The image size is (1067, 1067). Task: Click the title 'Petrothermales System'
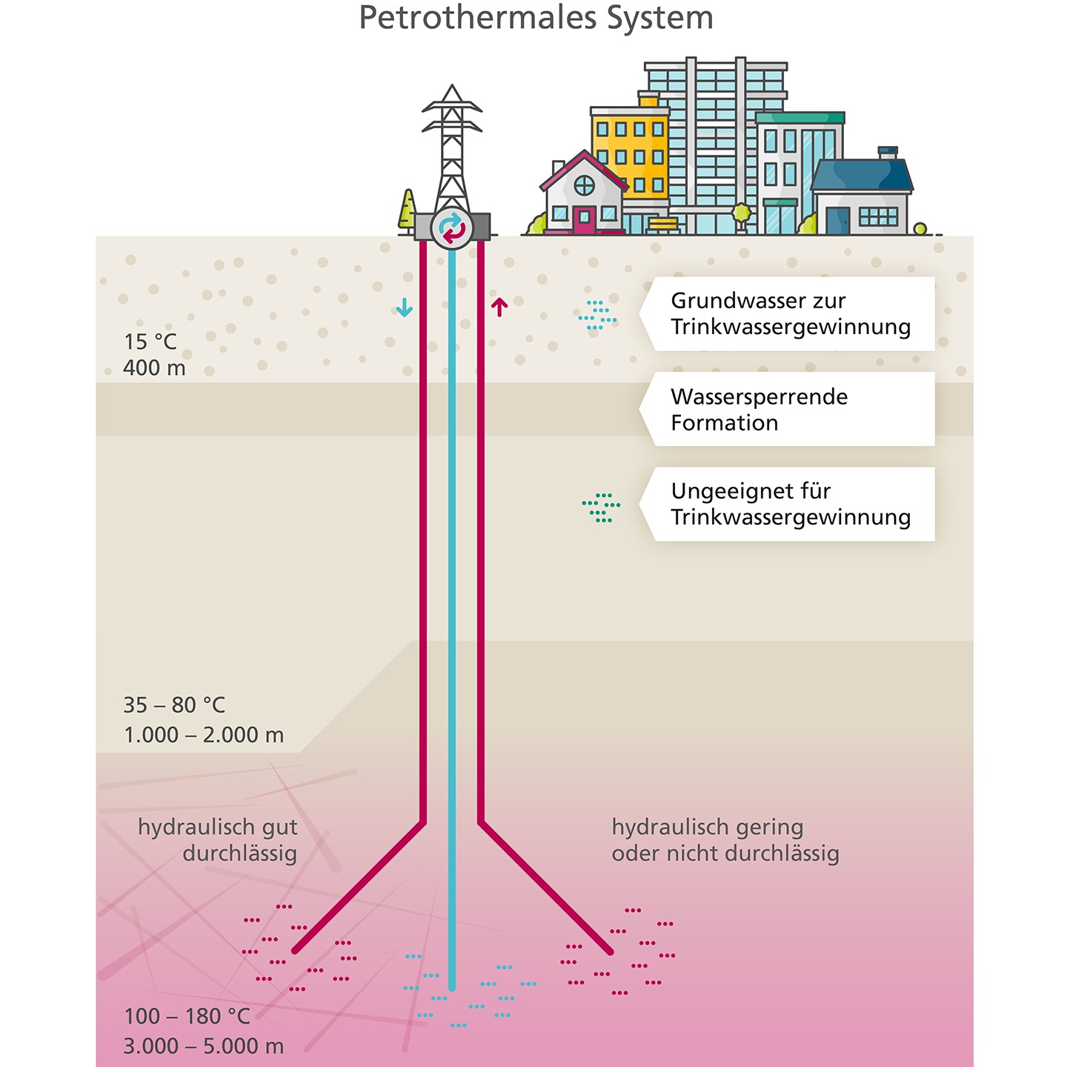535,18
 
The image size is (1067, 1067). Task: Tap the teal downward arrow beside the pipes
404,307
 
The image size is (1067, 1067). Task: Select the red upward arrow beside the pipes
499,306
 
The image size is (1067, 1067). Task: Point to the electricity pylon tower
452,148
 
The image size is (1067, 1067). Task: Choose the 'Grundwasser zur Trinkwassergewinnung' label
789,313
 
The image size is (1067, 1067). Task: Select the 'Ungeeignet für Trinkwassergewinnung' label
789,504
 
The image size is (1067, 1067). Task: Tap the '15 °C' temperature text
150,342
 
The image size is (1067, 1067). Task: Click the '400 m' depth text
154,368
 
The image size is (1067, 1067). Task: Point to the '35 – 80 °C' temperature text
174,705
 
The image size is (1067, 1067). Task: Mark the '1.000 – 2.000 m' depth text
204,735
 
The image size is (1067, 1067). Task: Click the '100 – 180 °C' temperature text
187,1016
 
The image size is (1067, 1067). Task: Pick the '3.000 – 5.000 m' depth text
204,1046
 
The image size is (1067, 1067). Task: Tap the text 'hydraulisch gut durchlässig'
219,840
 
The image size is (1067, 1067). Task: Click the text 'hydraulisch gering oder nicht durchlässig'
725,840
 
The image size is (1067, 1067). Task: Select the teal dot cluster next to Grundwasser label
596,315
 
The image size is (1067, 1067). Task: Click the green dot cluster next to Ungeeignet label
601,508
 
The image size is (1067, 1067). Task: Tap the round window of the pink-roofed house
585,185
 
